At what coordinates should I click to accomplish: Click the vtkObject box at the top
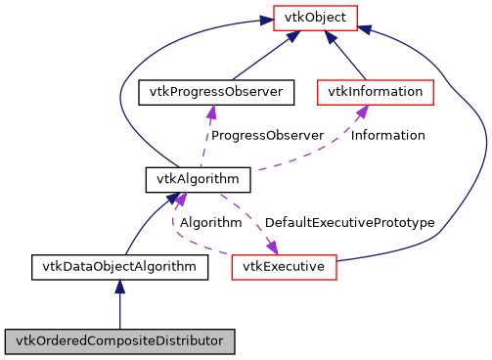315,17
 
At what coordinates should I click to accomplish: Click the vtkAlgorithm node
199,179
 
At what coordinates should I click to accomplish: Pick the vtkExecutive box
284,266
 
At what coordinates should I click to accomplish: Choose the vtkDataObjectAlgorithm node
119,266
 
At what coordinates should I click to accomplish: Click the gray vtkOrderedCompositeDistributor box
119,342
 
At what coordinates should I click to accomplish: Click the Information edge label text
387,135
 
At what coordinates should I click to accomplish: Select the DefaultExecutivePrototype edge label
349,223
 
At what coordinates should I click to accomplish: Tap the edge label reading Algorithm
209,223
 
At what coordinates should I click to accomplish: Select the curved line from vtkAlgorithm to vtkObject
122,88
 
